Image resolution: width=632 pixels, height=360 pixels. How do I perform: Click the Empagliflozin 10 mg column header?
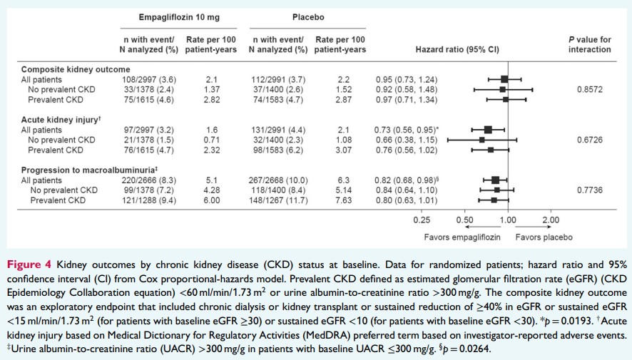pyautogui.click(x=168, y=15)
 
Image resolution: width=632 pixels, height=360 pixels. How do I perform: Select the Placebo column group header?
pyautogui.click(x=308, y=15)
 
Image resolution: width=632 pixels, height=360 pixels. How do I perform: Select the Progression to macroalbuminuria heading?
pyautogui.click(x=89, y=170)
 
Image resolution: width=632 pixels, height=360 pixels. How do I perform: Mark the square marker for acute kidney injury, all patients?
pyautogui.click(x=488, y=130)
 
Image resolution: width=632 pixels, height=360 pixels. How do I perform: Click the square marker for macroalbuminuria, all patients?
pyautogui.click(x=495, y=181)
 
